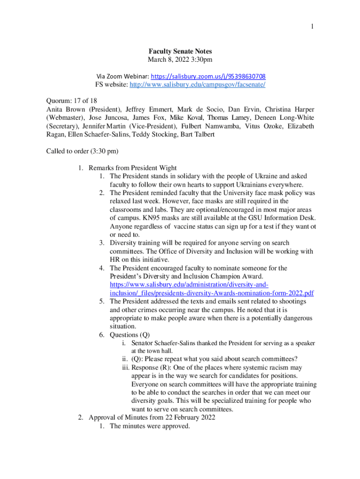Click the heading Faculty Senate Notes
click(x=180, y=51)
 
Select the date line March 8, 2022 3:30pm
click(x=180, y=60)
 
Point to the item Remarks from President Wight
click(x=132, y=168)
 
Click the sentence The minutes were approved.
click(x=150, y=426)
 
